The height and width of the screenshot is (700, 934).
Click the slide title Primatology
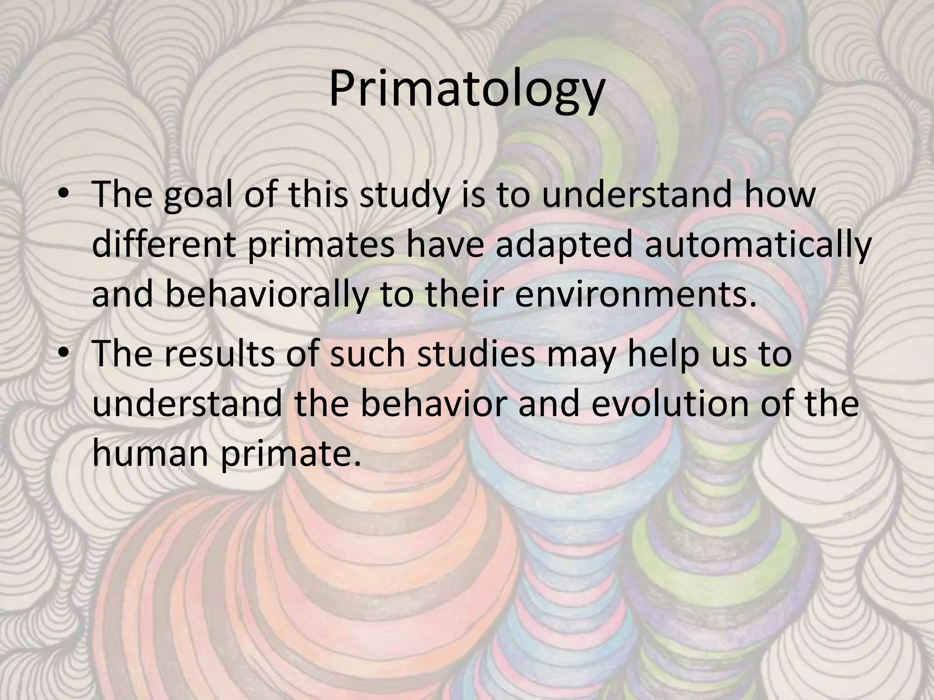[x=467, y=90]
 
